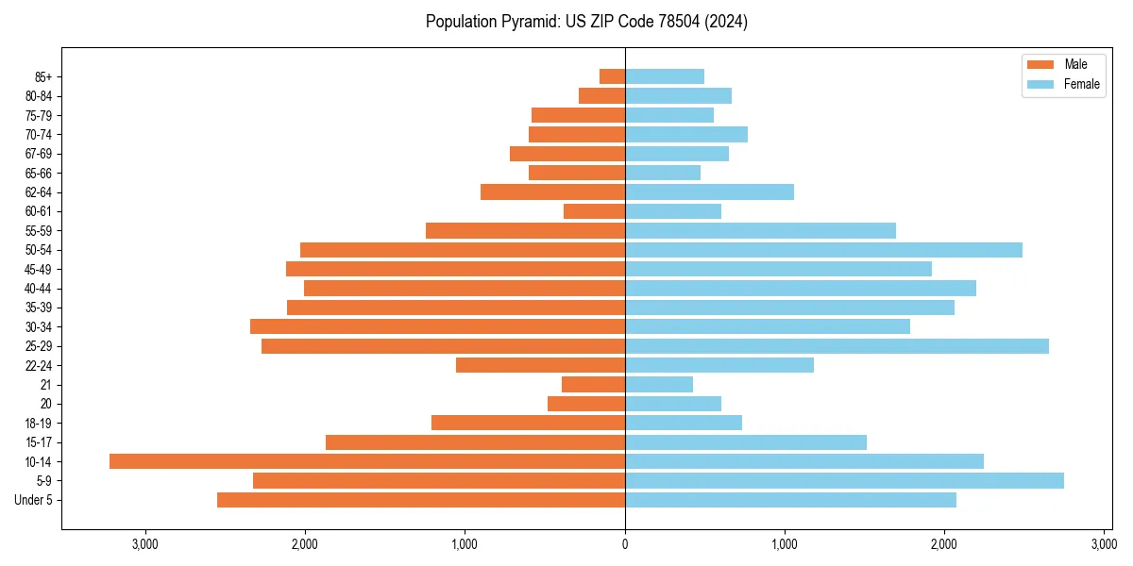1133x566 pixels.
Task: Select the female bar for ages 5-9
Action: point(844,480)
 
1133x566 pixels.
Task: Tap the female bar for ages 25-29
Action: point(837,346)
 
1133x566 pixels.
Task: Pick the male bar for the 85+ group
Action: point(612,76)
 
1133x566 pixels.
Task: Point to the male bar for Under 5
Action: point(420,500)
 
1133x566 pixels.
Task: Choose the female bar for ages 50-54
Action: point(823,250)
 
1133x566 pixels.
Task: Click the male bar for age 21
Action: point(593,384)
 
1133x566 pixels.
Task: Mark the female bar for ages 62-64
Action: point(709,192)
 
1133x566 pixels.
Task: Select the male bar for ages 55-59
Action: point(525,230)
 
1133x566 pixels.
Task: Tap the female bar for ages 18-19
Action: point(684,423)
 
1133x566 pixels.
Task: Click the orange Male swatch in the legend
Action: point(1040,64)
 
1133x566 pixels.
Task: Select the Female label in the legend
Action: point(1082,84)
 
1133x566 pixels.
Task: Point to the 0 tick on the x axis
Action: point(625,544)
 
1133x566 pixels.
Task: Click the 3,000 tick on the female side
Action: point(1104,544)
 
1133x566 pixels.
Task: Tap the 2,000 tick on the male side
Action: point(305,544)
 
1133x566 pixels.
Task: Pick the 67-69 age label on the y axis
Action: point(39,154)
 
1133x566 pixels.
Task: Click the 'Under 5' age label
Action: point(34,500)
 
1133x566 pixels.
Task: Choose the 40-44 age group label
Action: point(39,289)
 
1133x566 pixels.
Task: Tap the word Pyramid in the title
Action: point(527,21)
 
